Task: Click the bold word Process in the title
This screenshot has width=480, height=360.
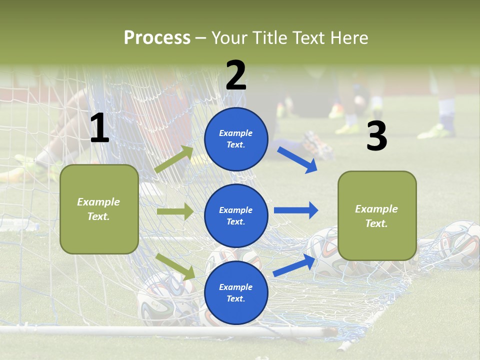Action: click(157, 38)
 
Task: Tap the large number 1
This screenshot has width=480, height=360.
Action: click(99, 128)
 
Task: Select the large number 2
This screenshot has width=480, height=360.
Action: click(236, 75)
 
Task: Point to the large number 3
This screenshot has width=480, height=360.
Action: click(376, 136)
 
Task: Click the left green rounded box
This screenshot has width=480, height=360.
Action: click(99, 209)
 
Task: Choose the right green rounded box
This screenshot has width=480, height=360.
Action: click(377, 216)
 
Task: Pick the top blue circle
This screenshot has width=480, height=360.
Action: click(236, 139)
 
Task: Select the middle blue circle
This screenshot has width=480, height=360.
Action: click(236, 215)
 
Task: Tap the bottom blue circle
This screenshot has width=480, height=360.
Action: click(236, 293)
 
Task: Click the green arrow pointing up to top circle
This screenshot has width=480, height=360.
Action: click(174, 159)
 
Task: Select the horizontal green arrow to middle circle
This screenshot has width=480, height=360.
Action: click(175, 211)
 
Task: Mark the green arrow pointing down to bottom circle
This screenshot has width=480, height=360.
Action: click(175, 266)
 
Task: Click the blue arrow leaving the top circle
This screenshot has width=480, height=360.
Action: click(297, 159)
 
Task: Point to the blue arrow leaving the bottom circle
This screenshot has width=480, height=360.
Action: click(294, 265)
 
